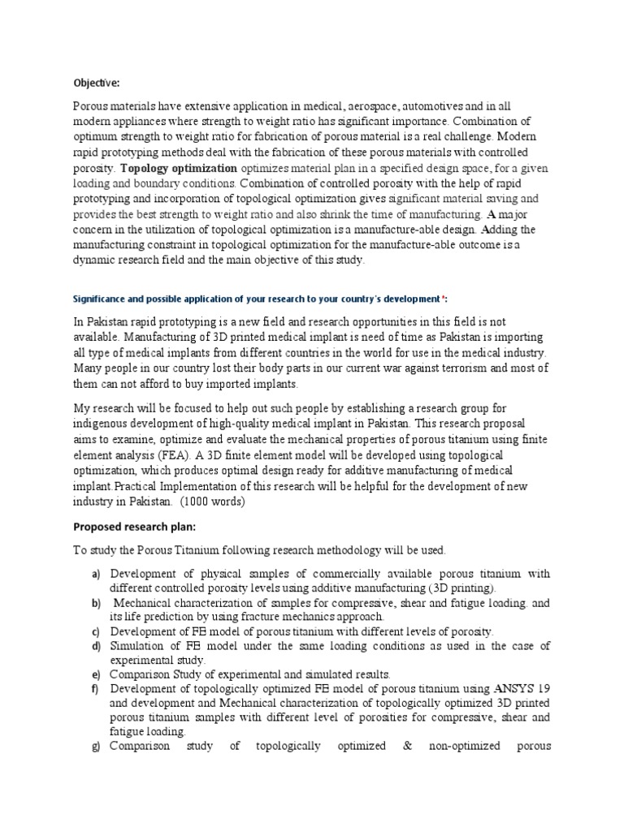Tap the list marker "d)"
click(95, 646)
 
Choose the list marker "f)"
click(95, 689)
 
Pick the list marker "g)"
click(95, 746)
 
